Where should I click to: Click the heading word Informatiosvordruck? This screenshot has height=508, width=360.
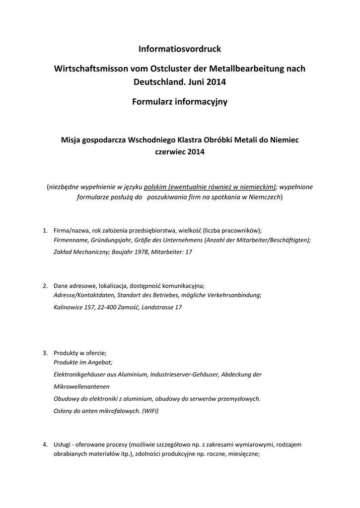coord(179,49)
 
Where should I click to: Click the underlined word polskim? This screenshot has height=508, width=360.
coord(155,187)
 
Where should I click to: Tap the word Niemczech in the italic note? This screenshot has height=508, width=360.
coord(263,197)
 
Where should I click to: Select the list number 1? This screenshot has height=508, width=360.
coord(45,231)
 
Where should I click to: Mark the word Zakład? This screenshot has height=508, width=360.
coord(64,253)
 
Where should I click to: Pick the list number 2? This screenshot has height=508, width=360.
coord(45,286)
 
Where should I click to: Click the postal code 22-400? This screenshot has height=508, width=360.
coord(106,308)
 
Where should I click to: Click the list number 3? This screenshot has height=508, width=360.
coord(45,353)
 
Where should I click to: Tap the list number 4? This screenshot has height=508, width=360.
coord(45,444)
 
